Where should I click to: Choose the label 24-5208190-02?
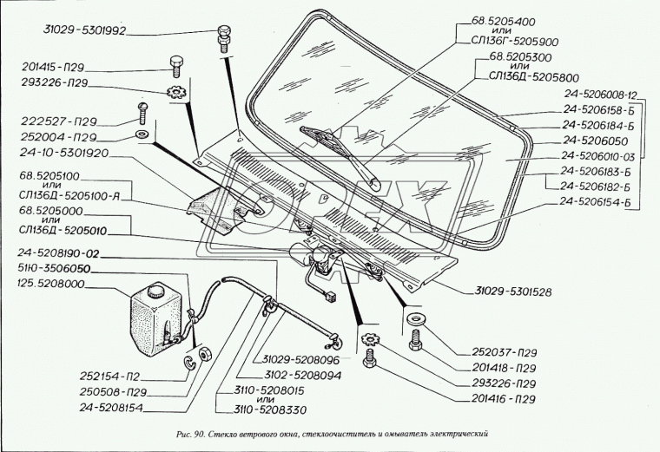(x=60, y=254)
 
